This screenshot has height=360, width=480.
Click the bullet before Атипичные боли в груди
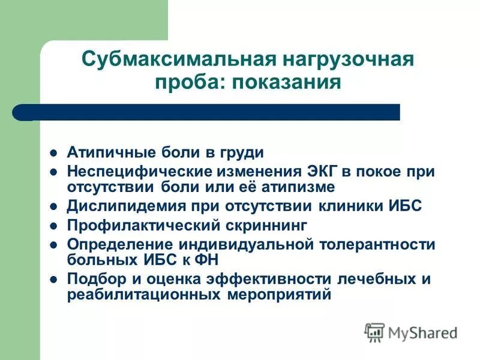pyautogui.click(x=53, y=152)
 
